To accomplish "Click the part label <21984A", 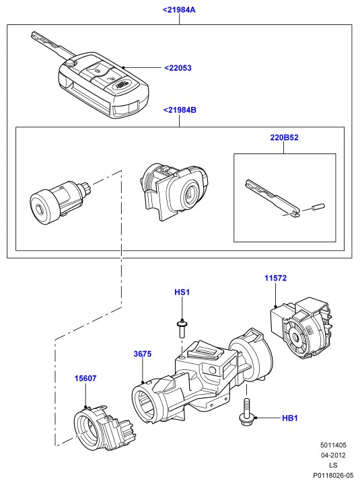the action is coord(179,10).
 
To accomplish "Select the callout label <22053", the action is coord(178,68).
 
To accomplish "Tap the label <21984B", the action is coord(180,110).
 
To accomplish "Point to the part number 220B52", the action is coord(284,137).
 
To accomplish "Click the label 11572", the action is coord(275,278).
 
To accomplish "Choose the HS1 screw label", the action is coord(182,293).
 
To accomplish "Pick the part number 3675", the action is coord(143,354).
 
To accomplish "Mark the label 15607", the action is coord(85,378).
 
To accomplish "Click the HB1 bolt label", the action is coord(290,418).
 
